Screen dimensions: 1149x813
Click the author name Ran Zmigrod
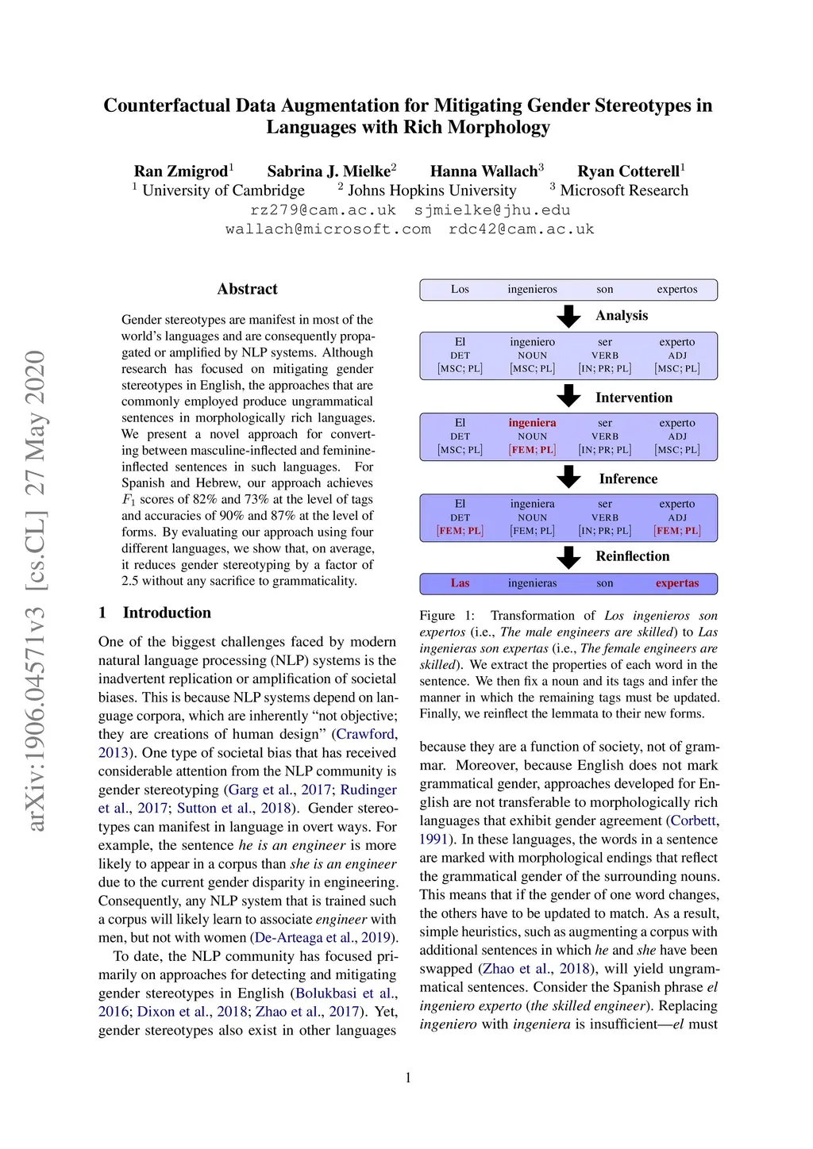[x=181, y=171]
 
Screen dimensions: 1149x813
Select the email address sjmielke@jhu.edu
[x=492, y=210]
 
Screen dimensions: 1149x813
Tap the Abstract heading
[x=247, y=289]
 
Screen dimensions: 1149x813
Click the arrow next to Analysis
[x=568, y=316]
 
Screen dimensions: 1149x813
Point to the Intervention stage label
[x=634, y=398]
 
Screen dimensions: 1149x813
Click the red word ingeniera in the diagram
[x=532, y=423]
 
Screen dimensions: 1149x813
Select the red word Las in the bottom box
[x=460, y=583]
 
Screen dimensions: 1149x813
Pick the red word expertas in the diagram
[x=676, y=583]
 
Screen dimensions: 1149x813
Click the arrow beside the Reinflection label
[x=568, y=557]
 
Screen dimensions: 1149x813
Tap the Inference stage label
[x=628, y=478]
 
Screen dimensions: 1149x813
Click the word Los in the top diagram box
[x=460, y=290]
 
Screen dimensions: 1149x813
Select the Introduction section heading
[x=167, y=613]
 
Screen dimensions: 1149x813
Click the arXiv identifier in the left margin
[x=35, y=591]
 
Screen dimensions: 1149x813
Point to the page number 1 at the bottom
[x=408, y=1078]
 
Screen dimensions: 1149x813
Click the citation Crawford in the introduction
[x=364, y=734]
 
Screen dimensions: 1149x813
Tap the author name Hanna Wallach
[x=484, y=171]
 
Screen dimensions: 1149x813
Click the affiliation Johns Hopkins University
[x=431, y=190]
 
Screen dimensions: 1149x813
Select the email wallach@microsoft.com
[x=328, y=229]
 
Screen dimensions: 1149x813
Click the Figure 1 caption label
[x=446, y=616]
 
